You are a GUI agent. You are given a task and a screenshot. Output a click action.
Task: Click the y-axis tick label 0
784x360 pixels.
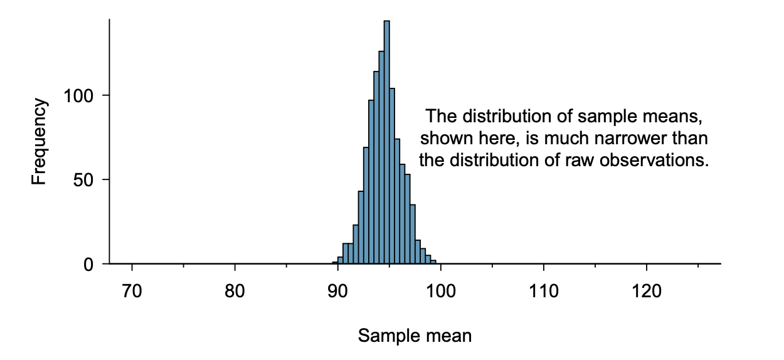point(89,264)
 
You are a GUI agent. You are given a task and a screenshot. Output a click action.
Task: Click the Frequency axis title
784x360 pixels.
point(39,142)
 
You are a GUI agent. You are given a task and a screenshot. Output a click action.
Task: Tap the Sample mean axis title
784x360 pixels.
point(415,336)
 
